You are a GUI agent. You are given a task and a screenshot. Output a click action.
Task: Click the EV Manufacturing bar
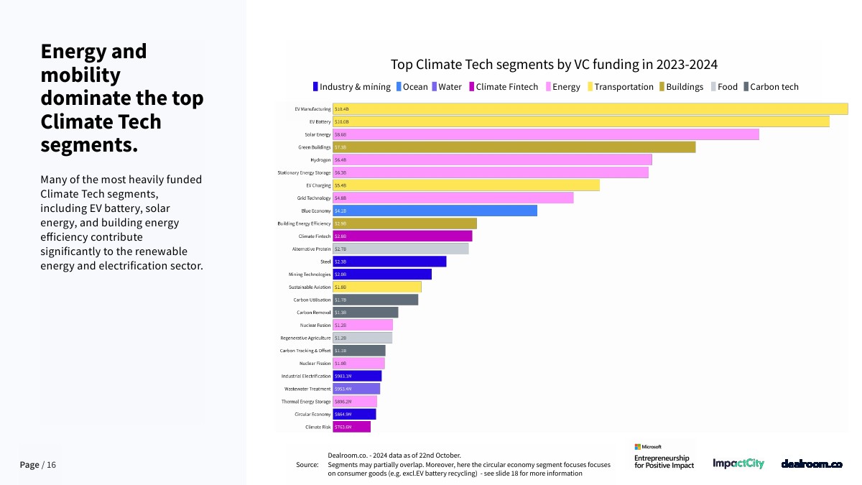point(590,109)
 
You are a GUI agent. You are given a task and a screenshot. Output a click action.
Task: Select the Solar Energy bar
point(546,134)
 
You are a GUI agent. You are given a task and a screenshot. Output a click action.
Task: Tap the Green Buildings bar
point(514,147)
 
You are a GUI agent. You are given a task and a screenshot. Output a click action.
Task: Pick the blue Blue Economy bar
point(435,211)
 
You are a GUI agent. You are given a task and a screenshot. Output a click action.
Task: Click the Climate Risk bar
point(352,427)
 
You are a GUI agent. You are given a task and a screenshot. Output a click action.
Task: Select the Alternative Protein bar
point(401,249)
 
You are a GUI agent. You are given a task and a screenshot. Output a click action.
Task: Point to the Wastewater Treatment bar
point(356,389)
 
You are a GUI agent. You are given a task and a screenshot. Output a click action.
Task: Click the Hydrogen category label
point(320,160)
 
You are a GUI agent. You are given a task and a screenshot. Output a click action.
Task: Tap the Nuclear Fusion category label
point(315,325)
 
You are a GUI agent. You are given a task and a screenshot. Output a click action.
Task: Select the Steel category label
point(325,262)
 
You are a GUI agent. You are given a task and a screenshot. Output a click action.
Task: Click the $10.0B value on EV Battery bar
point(342,122)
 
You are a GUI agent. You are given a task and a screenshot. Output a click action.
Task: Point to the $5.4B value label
point(340,185)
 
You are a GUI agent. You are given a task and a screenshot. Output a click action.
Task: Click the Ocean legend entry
point(412,87)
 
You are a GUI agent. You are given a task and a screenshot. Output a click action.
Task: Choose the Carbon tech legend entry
point(770,87)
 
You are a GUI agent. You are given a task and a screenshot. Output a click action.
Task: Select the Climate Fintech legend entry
point(503,87)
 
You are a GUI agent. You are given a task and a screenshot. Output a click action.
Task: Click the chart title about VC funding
point(554,65)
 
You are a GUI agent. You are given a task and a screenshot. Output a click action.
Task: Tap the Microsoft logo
point(648,446)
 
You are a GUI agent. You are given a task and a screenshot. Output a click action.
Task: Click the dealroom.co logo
point(811,464)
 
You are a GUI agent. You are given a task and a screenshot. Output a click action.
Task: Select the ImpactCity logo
point(738,464)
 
